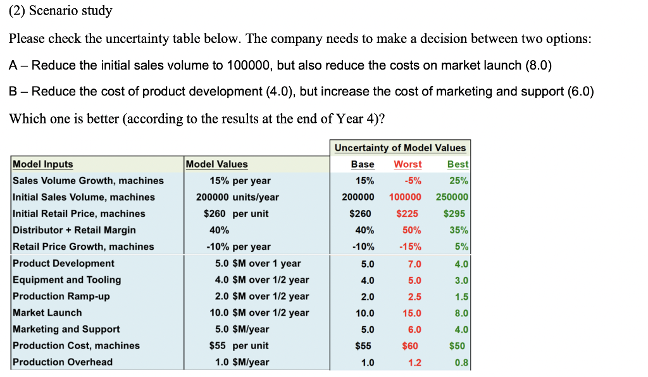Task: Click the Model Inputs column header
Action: click(43, 164)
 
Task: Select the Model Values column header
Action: click(217, 164)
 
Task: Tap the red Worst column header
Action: click(408, 164)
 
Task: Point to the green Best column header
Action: click(458, 164)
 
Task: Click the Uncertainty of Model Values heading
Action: click(400, 148)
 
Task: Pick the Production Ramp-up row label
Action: click(61, 296)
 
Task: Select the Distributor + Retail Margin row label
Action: click(74, 230)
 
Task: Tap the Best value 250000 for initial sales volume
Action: click(452, 197)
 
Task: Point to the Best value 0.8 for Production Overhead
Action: click(461, 362)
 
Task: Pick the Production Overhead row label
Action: click(63, 362)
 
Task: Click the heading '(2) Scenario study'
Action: click(60, 11)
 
